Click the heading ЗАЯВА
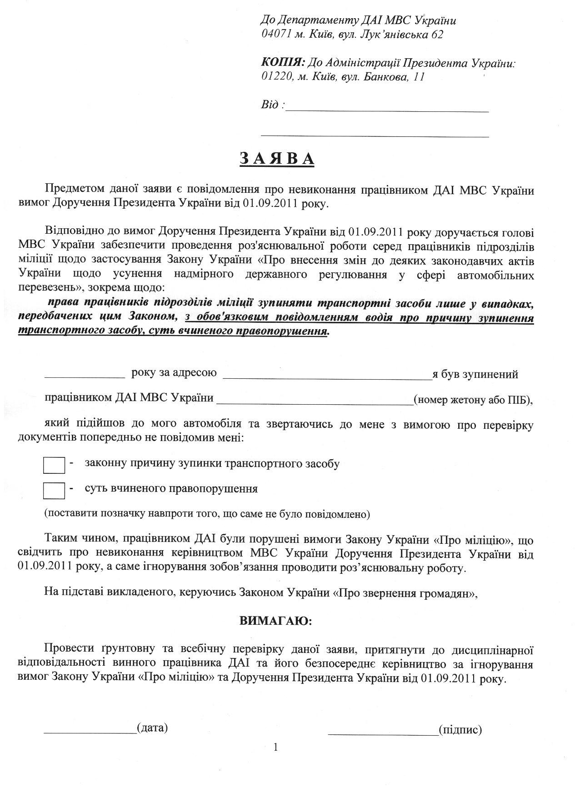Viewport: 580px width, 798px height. coord(277,158)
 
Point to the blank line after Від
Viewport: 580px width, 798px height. coord(387,109)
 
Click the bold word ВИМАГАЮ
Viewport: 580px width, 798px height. coord(276,621)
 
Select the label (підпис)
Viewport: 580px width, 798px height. coord(460,729)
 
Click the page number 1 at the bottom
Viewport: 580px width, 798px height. coord(276,747)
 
